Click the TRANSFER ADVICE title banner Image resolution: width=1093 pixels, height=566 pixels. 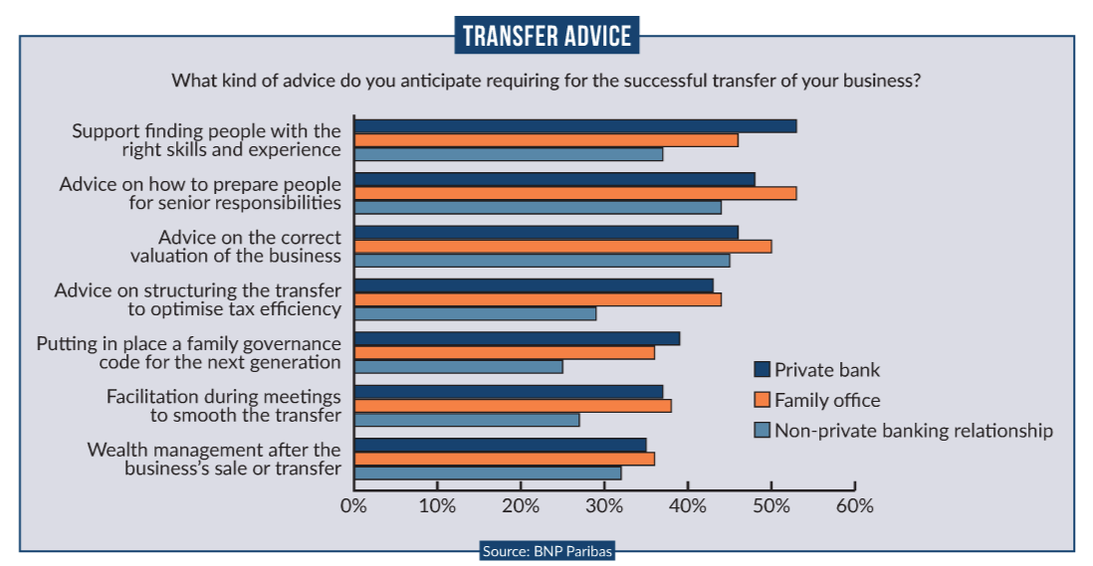546,36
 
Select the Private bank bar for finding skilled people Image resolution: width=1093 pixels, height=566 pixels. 575,126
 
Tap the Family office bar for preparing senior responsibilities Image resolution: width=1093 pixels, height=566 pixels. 575,193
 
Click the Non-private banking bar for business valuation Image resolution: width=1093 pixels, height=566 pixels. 543,261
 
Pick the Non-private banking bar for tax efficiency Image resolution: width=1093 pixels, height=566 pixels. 476,313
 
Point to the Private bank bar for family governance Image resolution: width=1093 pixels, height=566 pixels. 518,338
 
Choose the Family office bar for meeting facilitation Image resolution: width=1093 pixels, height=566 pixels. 514,406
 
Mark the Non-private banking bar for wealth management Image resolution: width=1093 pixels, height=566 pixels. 488,472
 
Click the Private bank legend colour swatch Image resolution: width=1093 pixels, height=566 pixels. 763,370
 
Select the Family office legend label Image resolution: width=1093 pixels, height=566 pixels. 827,400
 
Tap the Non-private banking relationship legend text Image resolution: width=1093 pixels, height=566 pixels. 913,431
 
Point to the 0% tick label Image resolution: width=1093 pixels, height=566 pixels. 353,505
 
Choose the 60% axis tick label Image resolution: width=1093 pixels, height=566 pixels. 854,505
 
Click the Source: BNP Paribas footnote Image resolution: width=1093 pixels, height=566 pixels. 546,550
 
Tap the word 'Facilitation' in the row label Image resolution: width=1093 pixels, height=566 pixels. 152,397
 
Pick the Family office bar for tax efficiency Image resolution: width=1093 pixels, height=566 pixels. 538,299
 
